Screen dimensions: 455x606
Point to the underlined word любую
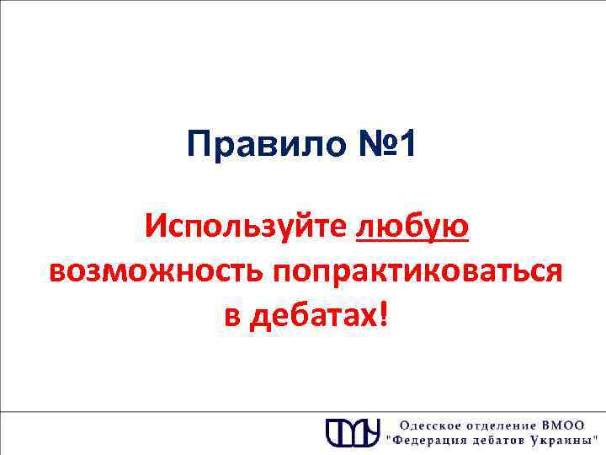(x=412, y=227)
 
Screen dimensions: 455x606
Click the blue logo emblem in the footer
(x=353, y=431)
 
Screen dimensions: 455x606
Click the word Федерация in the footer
(x=428, y=441)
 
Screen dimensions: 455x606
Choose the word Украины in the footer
(x=563, y=441)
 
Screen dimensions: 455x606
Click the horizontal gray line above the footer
(x=303, y=388)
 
